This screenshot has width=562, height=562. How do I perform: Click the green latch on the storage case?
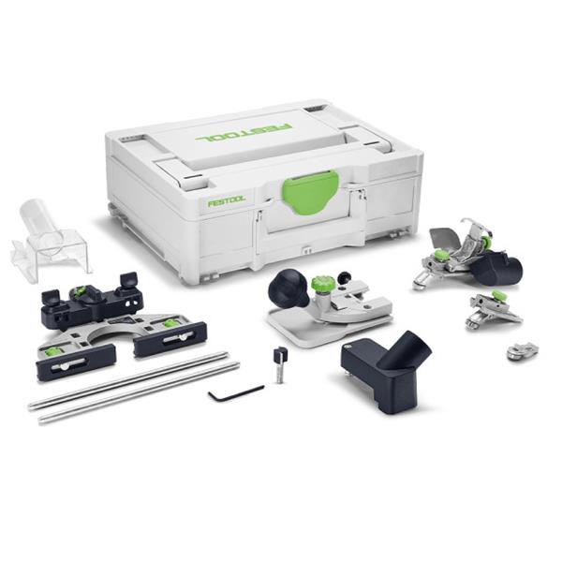coord(310,191)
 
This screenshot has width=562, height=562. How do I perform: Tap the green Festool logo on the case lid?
coord(244,132)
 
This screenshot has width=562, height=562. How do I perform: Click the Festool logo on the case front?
coord(227,201)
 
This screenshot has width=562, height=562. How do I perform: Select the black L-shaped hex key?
coord(236,392)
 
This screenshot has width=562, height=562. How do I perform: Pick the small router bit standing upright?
coord(280,365)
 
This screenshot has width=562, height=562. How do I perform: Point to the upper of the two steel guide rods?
coord(128,380)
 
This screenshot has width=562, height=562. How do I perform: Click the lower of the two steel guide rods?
coord(139,392)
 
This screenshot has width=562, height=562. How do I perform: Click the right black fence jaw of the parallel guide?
coord(170,338)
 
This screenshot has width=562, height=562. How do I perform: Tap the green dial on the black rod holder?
coord(80,291)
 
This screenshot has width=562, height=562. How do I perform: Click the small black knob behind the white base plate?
coord(345,276)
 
